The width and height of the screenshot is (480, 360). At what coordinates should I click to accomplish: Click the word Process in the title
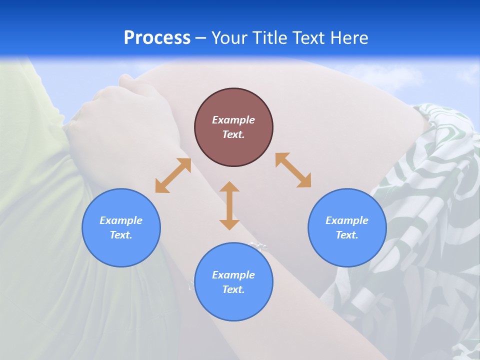tap(157, 38)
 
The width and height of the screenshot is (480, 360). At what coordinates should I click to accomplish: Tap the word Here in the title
tap(349, 38)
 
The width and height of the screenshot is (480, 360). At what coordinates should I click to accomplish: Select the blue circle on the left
tap(121, 250)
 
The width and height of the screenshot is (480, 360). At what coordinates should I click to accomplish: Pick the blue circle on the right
tap(347, 250)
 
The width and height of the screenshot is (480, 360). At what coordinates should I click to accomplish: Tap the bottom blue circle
tap(233, 305)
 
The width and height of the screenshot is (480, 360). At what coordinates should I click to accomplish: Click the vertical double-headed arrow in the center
tap(229, 205)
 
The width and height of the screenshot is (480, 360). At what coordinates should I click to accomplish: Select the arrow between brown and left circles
tap(173, 175)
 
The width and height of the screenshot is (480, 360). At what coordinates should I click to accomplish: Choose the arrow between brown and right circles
tap(293, 170)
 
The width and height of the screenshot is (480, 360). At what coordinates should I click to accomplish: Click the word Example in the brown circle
tap(233, 120)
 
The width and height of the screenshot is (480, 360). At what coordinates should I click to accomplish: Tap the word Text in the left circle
tap(121, 235)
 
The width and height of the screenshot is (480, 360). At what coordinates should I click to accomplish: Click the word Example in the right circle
tap(347, 220)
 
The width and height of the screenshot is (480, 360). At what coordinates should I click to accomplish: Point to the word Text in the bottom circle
tap(233, 289)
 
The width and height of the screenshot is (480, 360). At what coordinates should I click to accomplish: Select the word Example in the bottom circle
tap(233, 275)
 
